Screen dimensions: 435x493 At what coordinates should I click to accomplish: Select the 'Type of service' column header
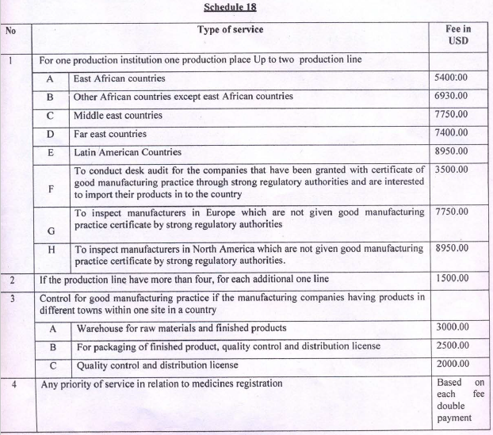(230, 31)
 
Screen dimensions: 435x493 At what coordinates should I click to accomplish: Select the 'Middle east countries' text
(118, 116)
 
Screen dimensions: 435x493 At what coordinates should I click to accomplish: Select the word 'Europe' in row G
(203, 213)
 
